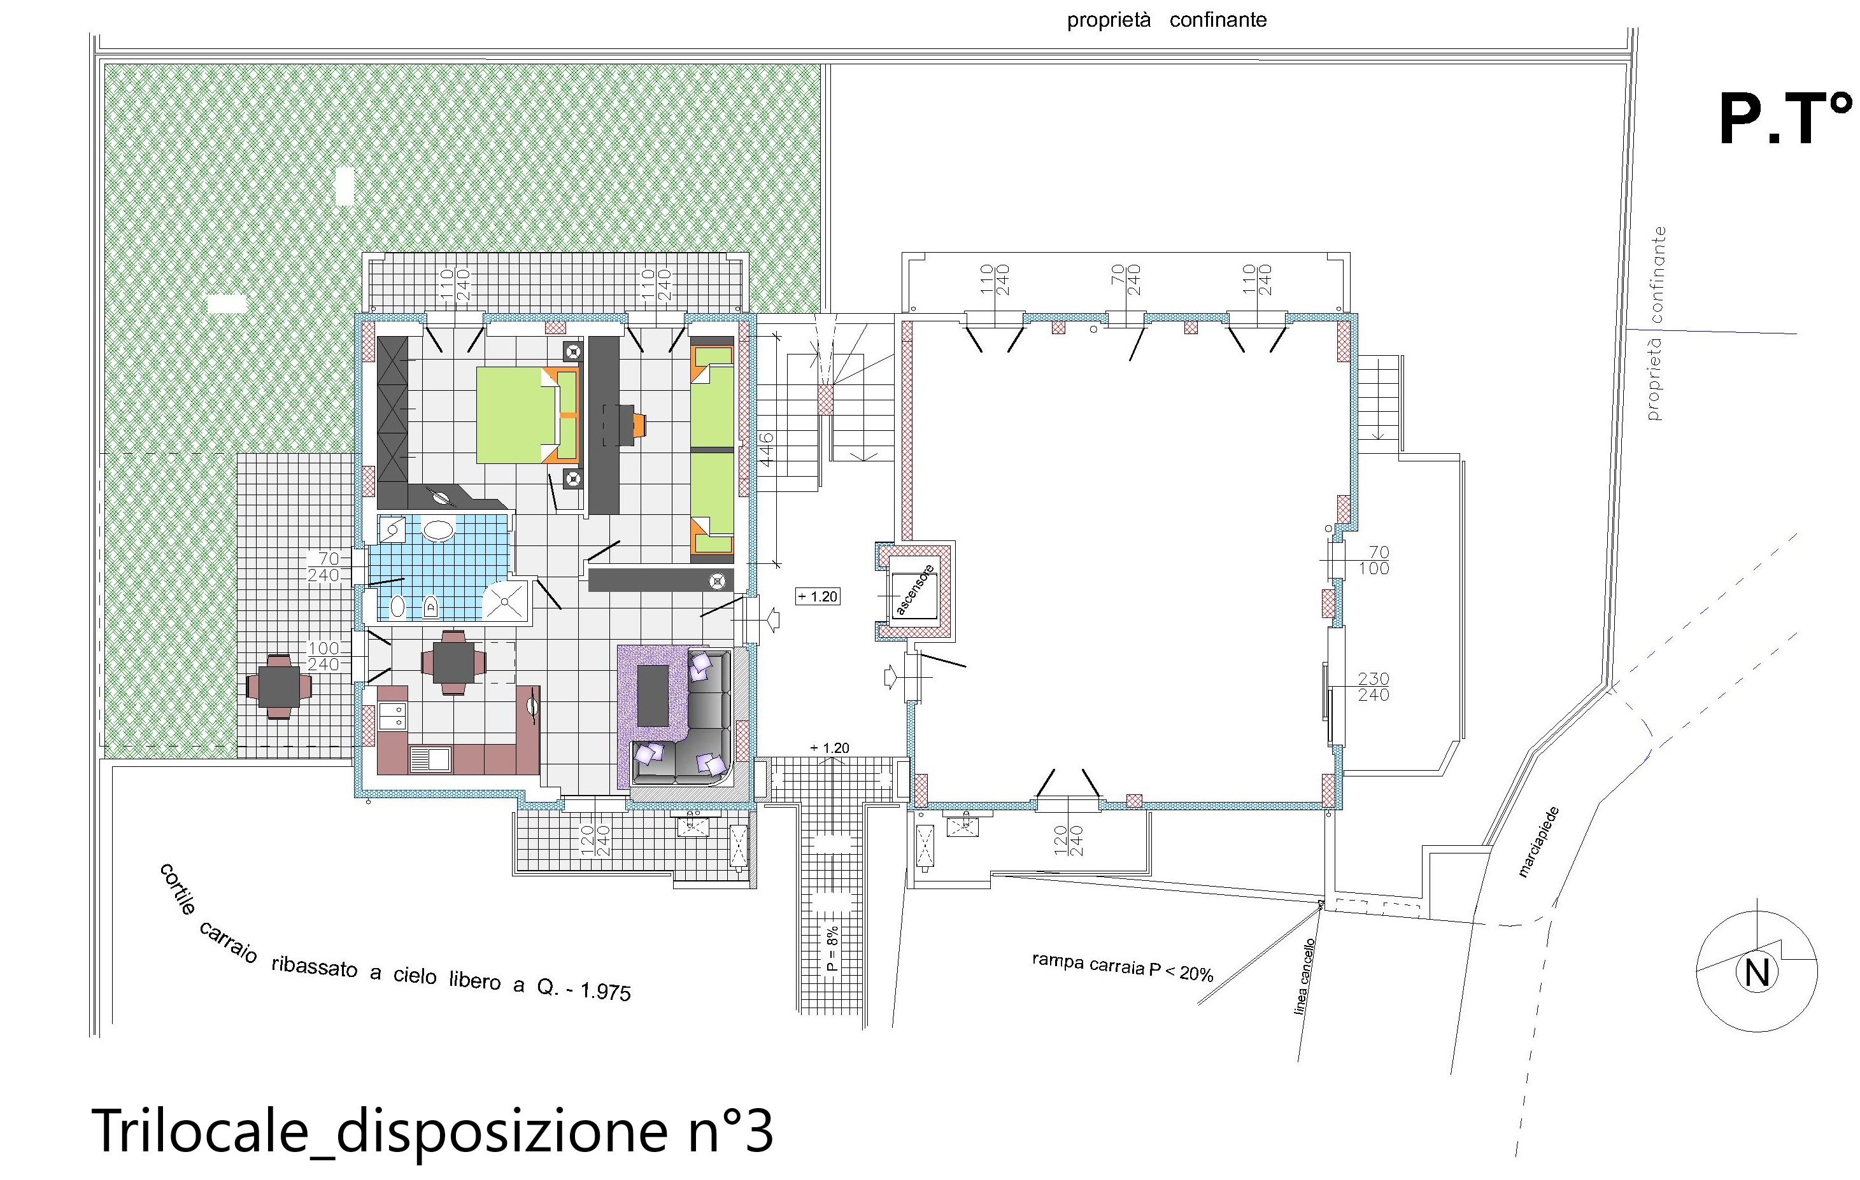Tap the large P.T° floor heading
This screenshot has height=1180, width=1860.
pos(1784,120)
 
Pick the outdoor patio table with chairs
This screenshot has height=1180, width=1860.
pos(279,685)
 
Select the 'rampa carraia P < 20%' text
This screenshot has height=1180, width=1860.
pos(1123,967)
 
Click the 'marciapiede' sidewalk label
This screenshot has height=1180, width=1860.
pos(1540,842)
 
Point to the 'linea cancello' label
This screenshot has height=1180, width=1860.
pos(1305,976)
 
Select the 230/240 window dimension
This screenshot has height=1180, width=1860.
pos(1374,687)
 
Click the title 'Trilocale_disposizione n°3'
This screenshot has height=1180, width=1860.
pos(432,1130)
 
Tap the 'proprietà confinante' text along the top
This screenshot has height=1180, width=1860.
pos(1167,20)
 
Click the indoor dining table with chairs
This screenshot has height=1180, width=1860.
pos(454,663)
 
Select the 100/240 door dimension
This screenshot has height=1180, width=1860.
pos(323,656)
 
